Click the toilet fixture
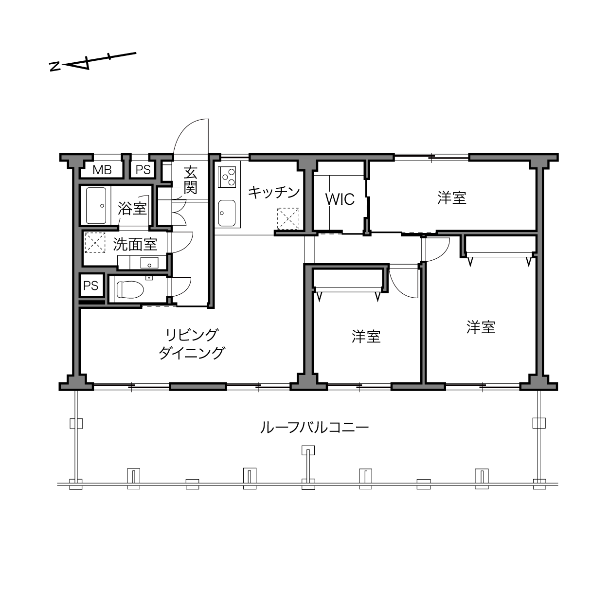[x=130, y=289]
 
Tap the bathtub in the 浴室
[x=96, y=206]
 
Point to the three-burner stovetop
[x=227, y=177]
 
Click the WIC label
[x=340, y=199]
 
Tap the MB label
[x=102, y=170]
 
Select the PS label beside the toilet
[x=90, y=286]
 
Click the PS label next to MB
[x=143, y=170]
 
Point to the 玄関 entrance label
[x=190, y=180]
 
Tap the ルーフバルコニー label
[x=314, y=428]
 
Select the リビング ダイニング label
[x=192, y=344]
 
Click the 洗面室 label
[x=135, y=244]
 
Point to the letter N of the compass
[x=55, y=66]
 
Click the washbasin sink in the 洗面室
[x=149, y=263]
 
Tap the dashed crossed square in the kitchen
[x=288, y=218]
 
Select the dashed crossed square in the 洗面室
[x=95, y=243]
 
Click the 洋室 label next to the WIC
[x=451, y=197]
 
